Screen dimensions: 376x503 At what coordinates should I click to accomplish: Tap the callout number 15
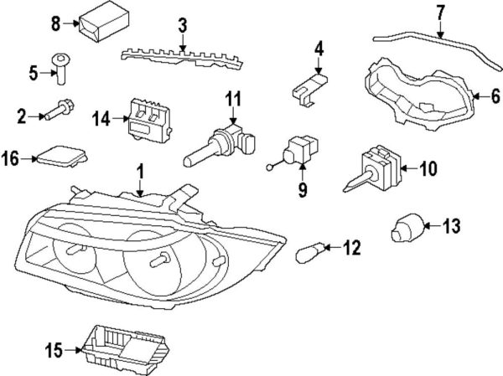(54, 353)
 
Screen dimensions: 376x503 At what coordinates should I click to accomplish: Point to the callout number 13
(452, 225)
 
